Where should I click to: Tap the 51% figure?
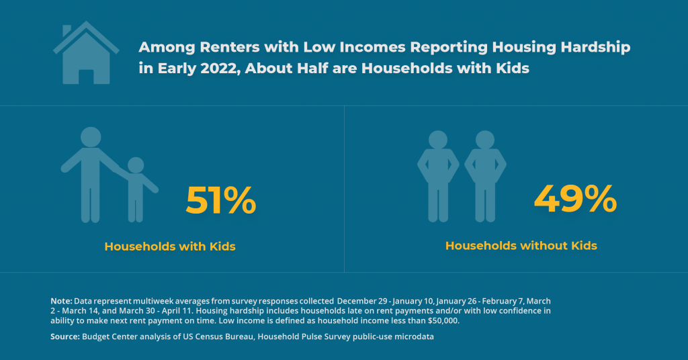pos(220,200)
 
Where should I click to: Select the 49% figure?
pos(575,199)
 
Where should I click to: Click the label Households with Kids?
pos(170,246)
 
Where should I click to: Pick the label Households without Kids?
pos(521,246)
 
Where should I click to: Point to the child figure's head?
pos(136,165)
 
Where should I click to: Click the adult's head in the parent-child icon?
pos(91,137)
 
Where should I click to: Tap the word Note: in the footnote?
pos(61,302)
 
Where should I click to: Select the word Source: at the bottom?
pos(65,336)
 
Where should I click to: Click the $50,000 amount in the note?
pos(443,320)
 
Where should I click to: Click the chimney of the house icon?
pos(67,31)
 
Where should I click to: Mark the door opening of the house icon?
pos(86,77)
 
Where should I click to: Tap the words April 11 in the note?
pos(177,311)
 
